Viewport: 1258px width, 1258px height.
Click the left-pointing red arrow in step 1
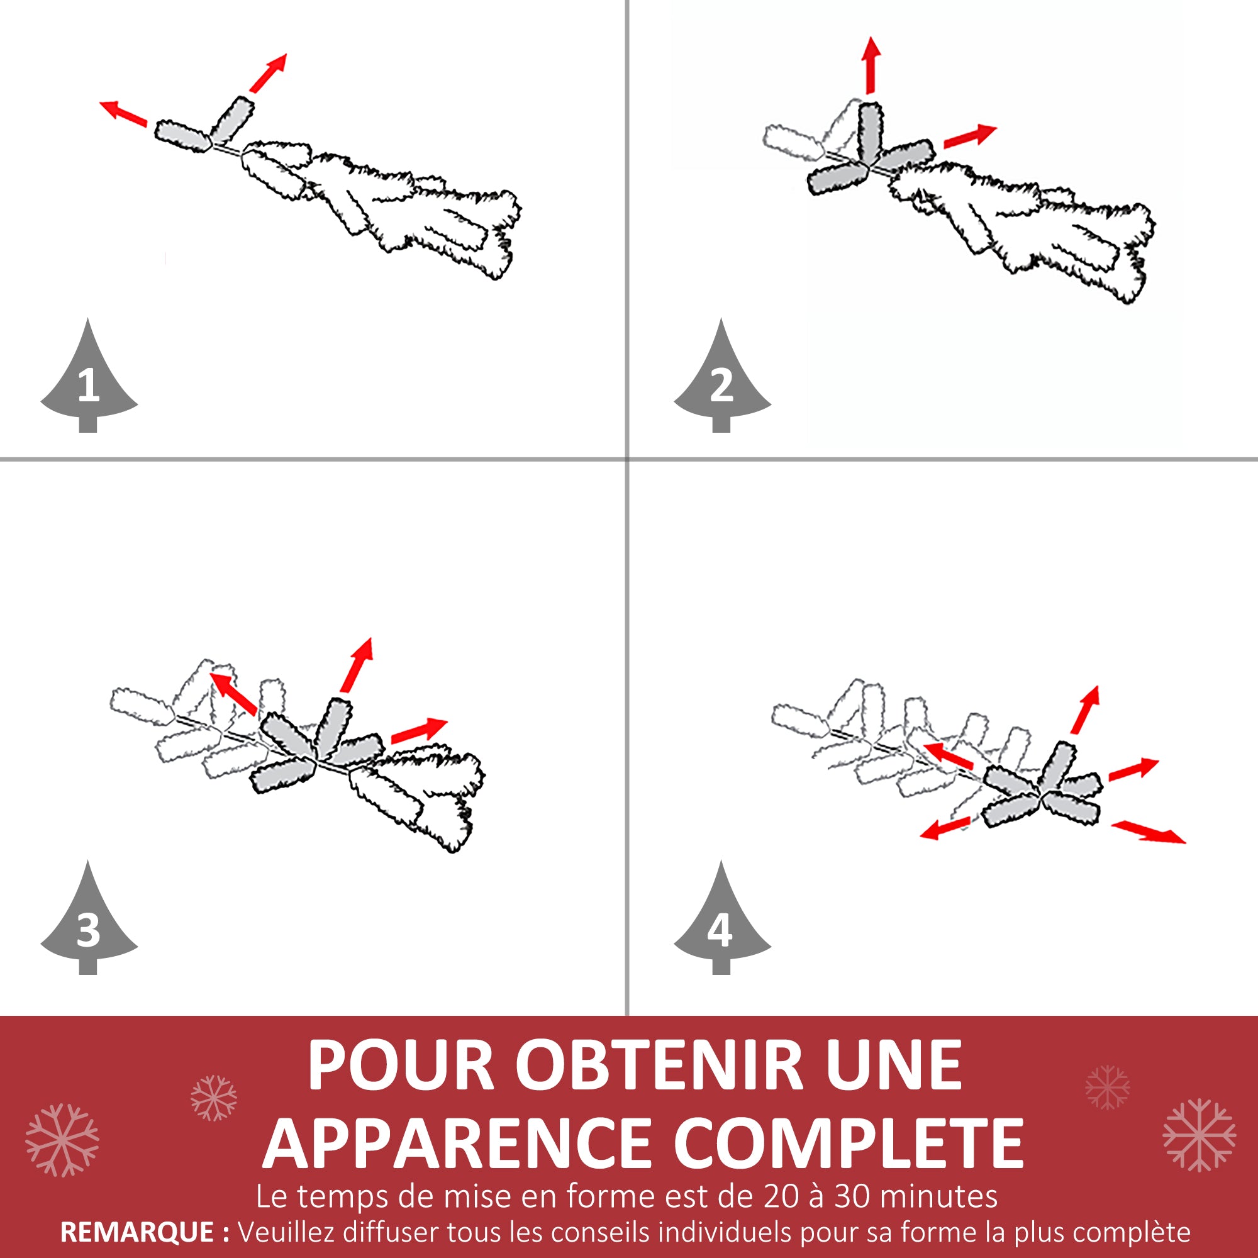[x=123, y=113]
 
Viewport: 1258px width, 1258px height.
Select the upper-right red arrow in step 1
[x=267, y=73]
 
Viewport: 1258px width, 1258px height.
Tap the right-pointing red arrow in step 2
[x=969, y=136]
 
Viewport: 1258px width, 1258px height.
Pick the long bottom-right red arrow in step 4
[x=1148, y=832]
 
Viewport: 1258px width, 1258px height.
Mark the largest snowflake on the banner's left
[x=62, y=1140]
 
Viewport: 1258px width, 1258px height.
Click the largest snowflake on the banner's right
[x=1200, y=1135]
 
